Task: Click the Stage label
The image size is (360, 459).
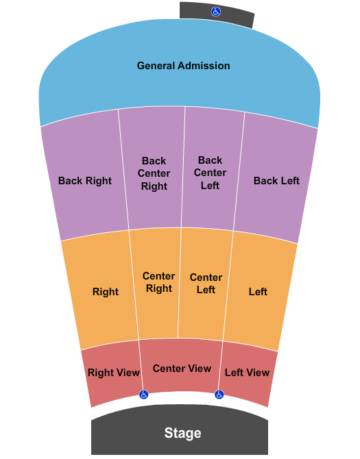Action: click(x=182, y=433)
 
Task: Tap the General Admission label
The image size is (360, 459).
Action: click(x=183, y=66)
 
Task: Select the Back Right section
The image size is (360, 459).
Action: click(x=85, y=175)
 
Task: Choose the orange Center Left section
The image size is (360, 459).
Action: click(x=204, y=284)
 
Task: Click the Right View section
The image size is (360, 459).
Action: click(x=112, y=373)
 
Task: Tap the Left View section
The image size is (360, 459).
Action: click(x=248, y=373)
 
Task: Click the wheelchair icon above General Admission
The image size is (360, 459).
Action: click(x=216, y=12)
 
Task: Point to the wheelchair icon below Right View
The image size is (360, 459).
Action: click(x=143, y=395)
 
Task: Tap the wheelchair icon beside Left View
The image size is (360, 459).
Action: click(x=219, y=395)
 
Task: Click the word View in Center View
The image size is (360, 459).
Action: click(x=199, y=369)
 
